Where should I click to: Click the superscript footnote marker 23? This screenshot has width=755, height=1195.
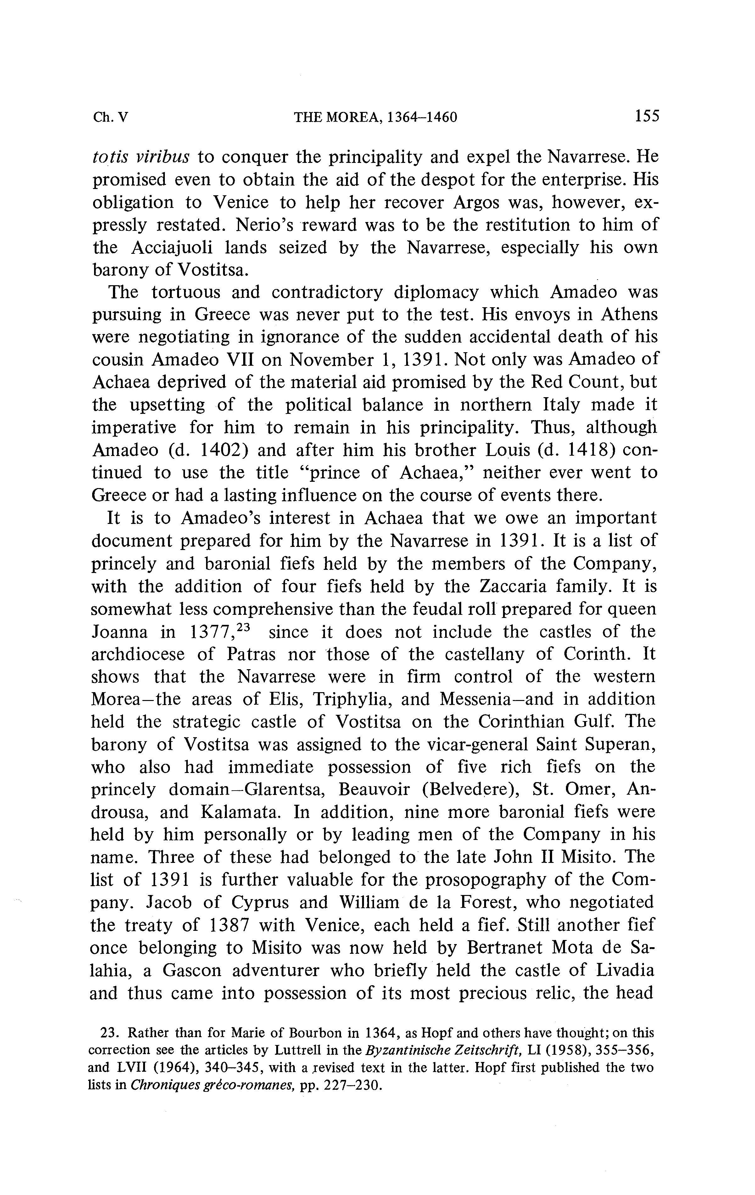click(244, 626)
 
